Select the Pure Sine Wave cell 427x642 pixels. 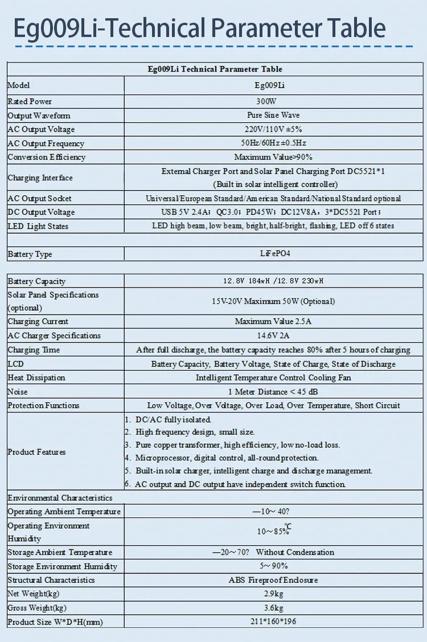[273, 116]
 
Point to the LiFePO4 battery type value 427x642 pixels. [273, 254]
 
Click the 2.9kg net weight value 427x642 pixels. [273, 594]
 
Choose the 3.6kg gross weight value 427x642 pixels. [273, 608]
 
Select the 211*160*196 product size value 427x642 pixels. [273, 622]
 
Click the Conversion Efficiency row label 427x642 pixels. [47, 157]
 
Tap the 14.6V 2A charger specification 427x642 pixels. [273, 336]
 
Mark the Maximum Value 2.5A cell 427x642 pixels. [273, 322]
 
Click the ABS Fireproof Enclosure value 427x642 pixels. [273, 580]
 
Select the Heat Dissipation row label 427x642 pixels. [36, 377]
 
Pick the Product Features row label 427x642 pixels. [36, 452]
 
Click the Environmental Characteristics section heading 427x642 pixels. [60, 498]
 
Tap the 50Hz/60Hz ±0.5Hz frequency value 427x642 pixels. [273, 143]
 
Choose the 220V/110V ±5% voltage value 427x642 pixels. [273, 129]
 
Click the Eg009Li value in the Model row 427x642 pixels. [273, 85]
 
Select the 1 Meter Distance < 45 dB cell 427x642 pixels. [273, 392]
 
